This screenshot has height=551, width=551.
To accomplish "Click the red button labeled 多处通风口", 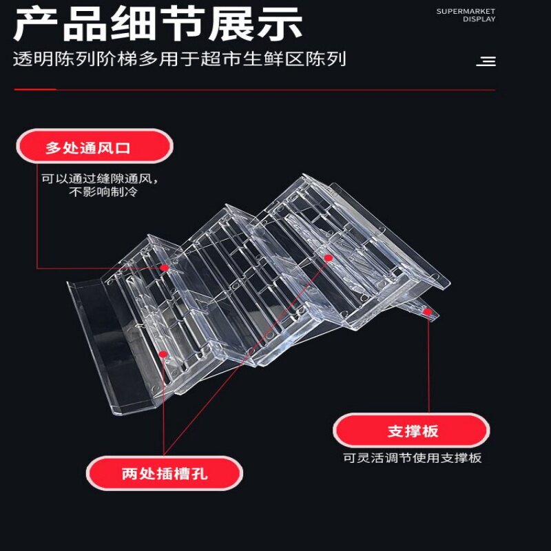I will pyautogui.click(x=94, y=147).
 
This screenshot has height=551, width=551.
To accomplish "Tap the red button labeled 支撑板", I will pyautogui.click(x=412, y=431).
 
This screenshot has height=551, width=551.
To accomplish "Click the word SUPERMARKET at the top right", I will pyautogui.click(x=466, y=11).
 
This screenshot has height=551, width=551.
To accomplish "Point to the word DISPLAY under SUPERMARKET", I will pyautogui.click(x=479, y=19).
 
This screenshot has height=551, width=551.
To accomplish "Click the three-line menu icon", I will pyautogui.click(x=486, y=62).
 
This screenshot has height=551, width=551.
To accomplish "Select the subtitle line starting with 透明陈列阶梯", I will pyautogui.click(x=179, y=59).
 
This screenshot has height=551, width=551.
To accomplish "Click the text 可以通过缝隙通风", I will pyautogui.click(x=100, y=178).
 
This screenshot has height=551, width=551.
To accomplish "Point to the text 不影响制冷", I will pyautogui.click(x=103, y=192).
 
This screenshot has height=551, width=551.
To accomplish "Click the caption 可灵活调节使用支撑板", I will pyautogui.click(x=412, y=458).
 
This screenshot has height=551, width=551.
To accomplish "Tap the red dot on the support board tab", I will pyautogui.click(x=427, y=312).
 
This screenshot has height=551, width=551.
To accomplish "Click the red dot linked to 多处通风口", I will pyautogui.click(x=164, y=267).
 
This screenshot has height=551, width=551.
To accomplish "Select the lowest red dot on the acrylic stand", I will pyautogui.click(x=163, y=354).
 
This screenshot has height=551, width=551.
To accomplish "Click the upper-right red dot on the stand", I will pyautogui.click(x=329, y=258).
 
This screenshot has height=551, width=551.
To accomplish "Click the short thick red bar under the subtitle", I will pyautogui.click(x=34, y=90).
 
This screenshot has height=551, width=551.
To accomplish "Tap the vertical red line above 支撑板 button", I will pyautogui.click(x=428, y=365).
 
